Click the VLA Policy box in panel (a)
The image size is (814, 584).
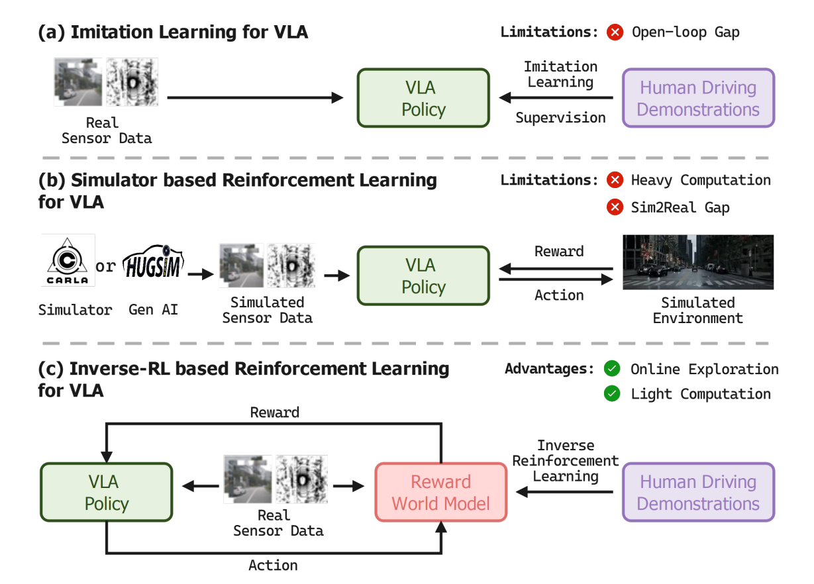tap(423, 98)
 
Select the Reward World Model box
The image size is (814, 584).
tap(440, 493)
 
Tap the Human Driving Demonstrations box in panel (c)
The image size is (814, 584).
tap(698, 493)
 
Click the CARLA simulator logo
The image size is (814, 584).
tap(67, 260)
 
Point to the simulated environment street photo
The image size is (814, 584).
tap(697, 262)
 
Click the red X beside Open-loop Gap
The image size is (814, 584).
tap(615, 32)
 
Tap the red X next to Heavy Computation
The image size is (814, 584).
tap(615, 180)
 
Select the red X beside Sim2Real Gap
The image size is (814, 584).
tap(615, 207)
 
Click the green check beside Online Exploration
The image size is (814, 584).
tap(612, 369)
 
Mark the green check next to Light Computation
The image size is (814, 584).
tap(612, 394)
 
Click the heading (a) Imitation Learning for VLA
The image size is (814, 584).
tap(173, 31)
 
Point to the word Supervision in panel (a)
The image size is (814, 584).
tap(560, 118)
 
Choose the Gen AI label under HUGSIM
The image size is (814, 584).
tap(154, 309)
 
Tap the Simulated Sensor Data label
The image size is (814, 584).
tap(267, 310)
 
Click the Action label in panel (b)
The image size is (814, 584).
tap(559, 295)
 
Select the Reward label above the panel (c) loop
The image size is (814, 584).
tap(274, 413)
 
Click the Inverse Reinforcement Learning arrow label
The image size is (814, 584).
tap(565, 460)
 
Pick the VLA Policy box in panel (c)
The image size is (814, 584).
tap(106, 493)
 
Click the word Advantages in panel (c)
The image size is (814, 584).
tap(549, 369)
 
